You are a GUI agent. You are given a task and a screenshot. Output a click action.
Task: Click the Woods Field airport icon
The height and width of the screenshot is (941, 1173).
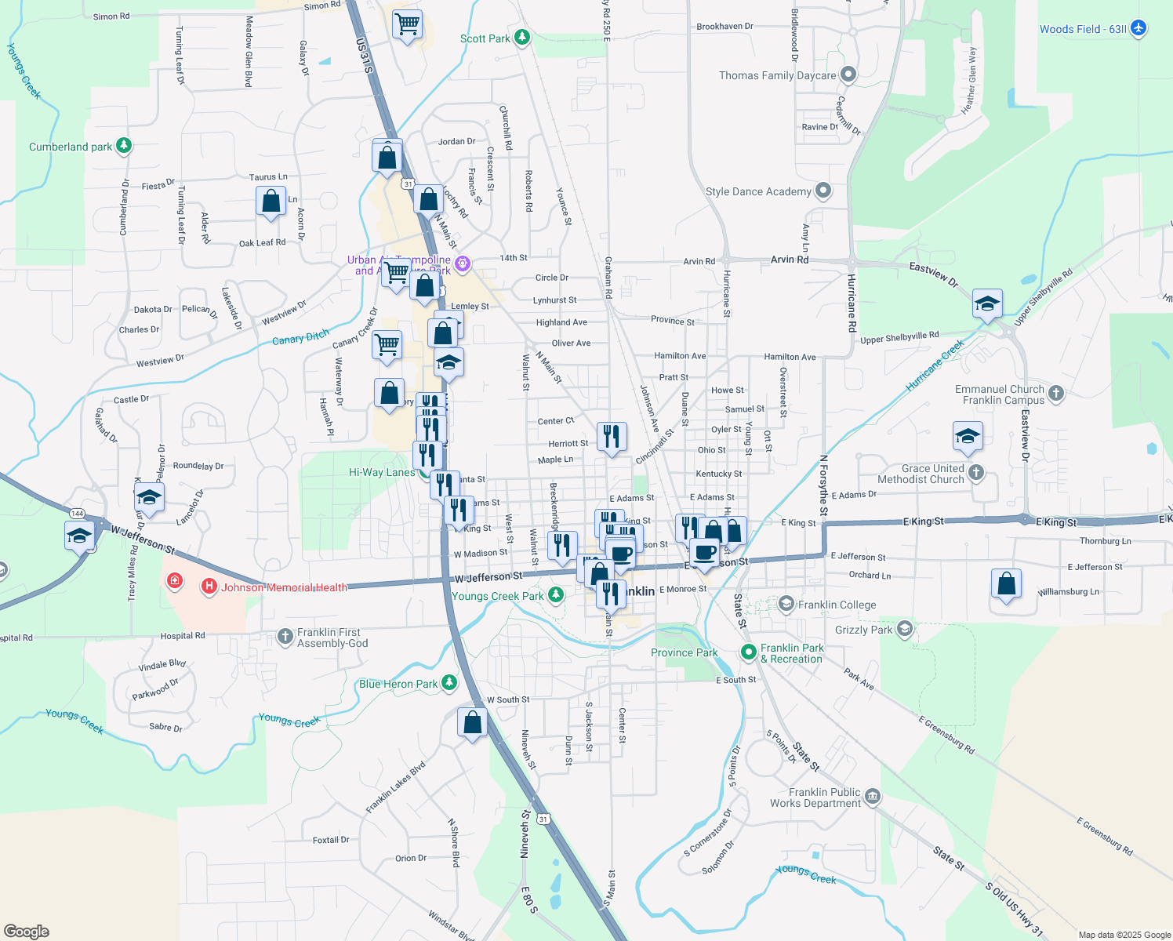click(x=1138, y=29)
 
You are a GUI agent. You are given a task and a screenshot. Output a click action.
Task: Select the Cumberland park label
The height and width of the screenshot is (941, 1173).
click(x=71, y=147)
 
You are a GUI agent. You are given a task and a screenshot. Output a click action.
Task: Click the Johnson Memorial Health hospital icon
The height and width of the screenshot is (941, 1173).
click(x=209, y=587)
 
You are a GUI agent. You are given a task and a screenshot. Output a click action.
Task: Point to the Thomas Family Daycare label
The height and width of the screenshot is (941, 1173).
click(x=777, y=75)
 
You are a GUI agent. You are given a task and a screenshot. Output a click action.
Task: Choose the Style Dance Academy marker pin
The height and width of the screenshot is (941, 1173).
click(x=823, y=191)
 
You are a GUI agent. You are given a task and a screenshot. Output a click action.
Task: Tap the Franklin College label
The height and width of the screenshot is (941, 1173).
click(x=837, y=605)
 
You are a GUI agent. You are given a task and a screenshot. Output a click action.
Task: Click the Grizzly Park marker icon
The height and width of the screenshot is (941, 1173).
click(x=905, y=629)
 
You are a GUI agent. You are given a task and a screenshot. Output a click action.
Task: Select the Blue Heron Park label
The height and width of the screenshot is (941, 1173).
click(x=398, y=684)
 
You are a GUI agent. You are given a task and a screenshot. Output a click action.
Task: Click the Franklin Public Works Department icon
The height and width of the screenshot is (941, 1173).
click(x=873, y=797)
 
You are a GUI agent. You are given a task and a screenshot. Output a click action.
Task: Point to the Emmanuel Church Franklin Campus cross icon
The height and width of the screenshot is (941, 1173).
click(x=1056, y=394)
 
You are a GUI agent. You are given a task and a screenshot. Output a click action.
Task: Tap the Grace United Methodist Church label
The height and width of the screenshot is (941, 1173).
click(x=921, y=474)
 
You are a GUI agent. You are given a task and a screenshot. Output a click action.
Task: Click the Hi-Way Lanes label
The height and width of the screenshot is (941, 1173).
click(x=382, y=472)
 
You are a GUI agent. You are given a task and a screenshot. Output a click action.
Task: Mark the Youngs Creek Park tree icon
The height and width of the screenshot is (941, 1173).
click(x=556, y=595)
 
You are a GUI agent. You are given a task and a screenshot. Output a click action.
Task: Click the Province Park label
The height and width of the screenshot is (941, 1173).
click(x=684, y=652)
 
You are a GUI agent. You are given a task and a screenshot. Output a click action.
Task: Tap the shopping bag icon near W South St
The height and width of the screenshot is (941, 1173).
click(x=472, y=721)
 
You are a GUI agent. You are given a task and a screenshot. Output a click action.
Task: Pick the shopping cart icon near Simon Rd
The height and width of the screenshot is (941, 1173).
click(x=407, y=24)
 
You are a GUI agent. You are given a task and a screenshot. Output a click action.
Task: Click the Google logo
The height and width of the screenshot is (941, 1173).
click(x=26, y=932)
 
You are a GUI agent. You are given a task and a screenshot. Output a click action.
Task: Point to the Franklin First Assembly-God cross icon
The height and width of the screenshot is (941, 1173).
click(x=285, y=637)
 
